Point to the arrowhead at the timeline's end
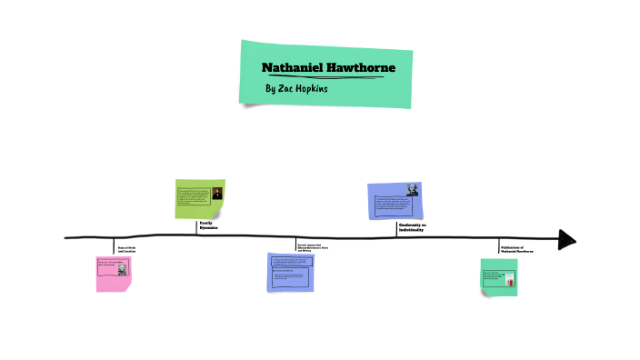(566, 239)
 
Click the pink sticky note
(114, 273)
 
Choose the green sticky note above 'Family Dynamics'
(199, 198)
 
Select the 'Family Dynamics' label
(209, 225)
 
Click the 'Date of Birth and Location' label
(126, 249)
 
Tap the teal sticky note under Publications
(498, 276)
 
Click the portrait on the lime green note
(217, 194)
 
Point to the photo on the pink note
(122, 269)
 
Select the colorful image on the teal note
(509, 279)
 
